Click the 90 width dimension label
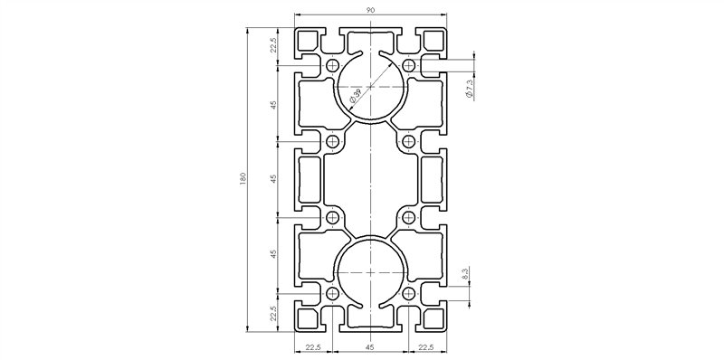pyautogui.click(x=371, y=10)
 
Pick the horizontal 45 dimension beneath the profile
pyautogui.click(x=371, y=346)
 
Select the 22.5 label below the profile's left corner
pyautogui.click(x=312, y=346)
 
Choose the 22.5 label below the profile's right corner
pyautogui.click(x=429, y=346)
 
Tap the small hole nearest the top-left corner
pyautogui.click(x=332, y=65)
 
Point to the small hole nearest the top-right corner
pyautogui.click(x=409, y=65)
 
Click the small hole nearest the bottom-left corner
pyautogui.click(x=332, y=295)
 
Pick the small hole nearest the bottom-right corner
pyautogui.click(x=409, y=295)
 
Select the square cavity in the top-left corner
pyautogui.click(x=310, y=42)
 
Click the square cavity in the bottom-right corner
pyautogui.click(x=433, y=318)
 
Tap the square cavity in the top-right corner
pyautogui.click(x=433, y=42)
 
